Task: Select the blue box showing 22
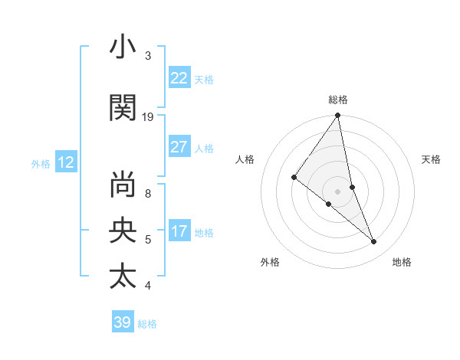click(179, 78)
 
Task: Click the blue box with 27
click(179, 147)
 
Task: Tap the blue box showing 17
click(179, 231)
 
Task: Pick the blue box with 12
click(65, 162)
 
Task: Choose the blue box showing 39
click(123, 322)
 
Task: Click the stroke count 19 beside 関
click(148, 117)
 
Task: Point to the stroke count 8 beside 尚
click(148, 185)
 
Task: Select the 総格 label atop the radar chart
click(338, 100)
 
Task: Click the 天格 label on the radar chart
click(431, 159)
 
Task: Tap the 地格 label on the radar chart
click(402, 262)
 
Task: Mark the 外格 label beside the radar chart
click(270, 262)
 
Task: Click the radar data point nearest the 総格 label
click(338, 116)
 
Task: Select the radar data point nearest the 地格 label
click(373, 241)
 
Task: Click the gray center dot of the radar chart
click(337, 191)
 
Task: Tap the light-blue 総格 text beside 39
click(147, 324)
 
